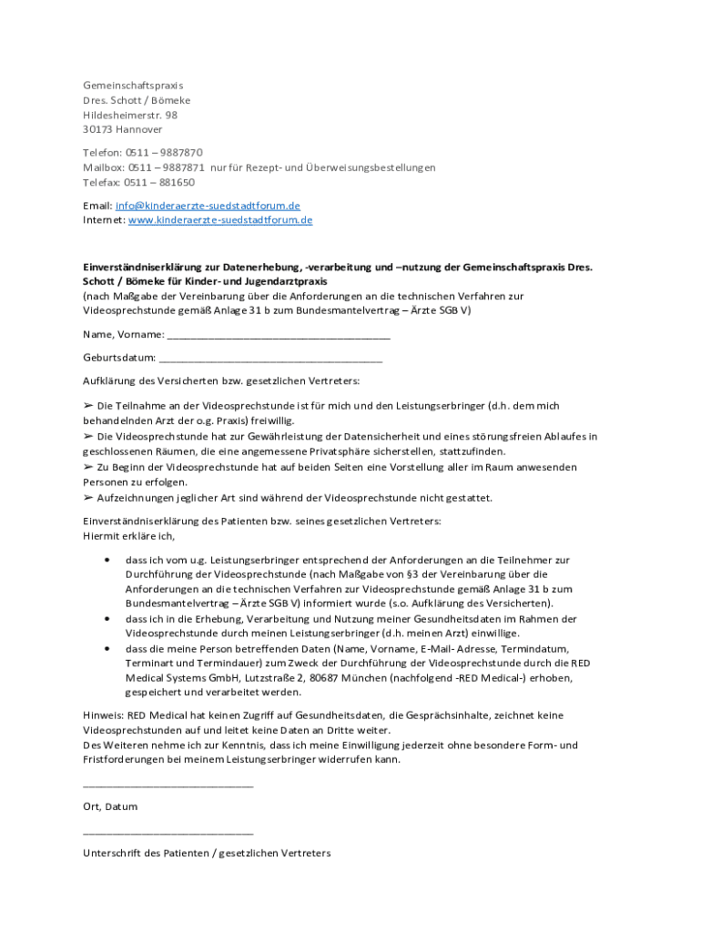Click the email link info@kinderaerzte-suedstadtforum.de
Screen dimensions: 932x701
coord(208,206)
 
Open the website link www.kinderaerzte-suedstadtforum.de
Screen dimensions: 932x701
coord(220,220)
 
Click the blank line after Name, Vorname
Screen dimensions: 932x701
coord(279,338)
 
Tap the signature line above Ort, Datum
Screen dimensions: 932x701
coord(168,786)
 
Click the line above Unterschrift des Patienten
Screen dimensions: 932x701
coord(168,833)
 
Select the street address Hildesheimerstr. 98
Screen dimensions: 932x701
coord(130,116)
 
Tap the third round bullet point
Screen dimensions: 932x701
coord(108,649)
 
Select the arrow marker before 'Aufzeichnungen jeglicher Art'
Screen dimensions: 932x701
coord(88,499)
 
